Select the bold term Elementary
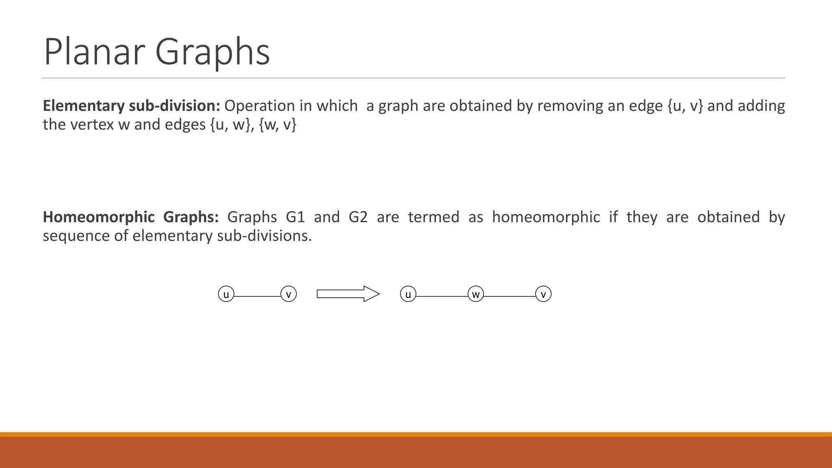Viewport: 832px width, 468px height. pyautogui.click(x=84, y=106)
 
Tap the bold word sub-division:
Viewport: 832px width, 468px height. pyautogui.click(x=174, y=106)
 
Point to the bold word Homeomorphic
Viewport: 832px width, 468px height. pyautogui.click(x=99, y=217)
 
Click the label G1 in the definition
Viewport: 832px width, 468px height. pyautogui.click(x=295, y=217)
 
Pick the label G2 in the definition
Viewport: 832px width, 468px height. pyautogui.click(x=358, y=217)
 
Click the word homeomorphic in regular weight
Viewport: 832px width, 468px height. pyautogui.click(x=546, y=217)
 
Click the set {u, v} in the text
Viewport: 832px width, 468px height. pyautogui.click(x=685, y=106)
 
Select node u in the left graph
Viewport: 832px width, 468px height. pyautogui.click(x=226, y=294)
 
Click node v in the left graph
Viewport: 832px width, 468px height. pyautogui.click(x=288, y=294)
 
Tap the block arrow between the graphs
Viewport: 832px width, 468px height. pyautogui.click(x=348, y=294)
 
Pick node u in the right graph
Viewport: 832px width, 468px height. pyautogui.click(x=408, y=294)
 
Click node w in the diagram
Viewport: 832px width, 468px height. pyautogui.click(x=476, y=294)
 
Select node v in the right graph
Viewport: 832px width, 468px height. pyautogui.click(x=543, y=294)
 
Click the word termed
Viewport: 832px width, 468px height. pyautogui.click(x=433, y=217)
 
